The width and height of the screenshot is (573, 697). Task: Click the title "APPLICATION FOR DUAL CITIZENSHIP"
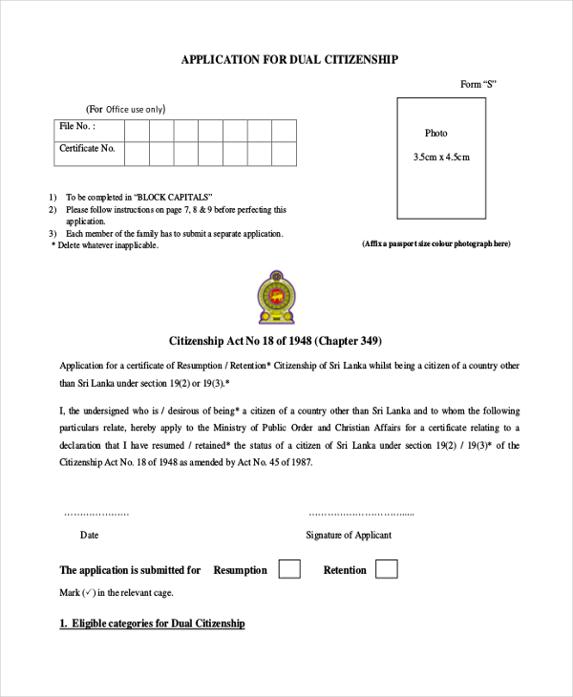(289, 59)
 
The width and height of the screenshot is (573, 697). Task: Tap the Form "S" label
(477, 84)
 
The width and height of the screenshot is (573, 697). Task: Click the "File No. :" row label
(77, 126)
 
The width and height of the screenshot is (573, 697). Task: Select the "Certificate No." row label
(87, 149)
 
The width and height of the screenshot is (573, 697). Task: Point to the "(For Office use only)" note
(125, 109)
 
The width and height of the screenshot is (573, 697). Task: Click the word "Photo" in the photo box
(435, 133)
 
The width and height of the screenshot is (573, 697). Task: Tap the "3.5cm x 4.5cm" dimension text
(441, 157)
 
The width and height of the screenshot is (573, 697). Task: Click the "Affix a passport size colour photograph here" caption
(436, 243)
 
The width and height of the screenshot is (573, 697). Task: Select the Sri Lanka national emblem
(276, 297)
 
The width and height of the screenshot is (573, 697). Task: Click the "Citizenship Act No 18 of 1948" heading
(276, 341)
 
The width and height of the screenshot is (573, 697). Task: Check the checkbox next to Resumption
(289, 569)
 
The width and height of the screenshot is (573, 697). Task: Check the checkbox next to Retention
(386, 569)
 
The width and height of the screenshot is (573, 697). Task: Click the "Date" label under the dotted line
(89, 536)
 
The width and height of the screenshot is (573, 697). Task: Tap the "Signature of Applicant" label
(348, 536)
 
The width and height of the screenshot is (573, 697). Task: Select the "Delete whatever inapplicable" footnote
(104, 245)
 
